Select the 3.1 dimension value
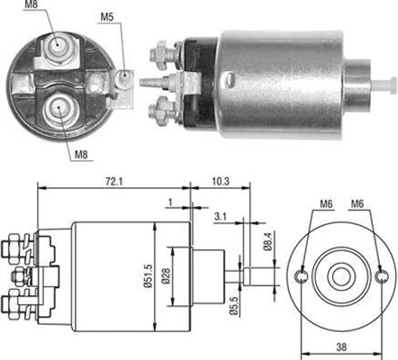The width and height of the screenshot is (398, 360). click(221, 216)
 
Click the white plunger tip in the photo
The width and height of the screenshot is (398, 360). click(388, 85)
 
